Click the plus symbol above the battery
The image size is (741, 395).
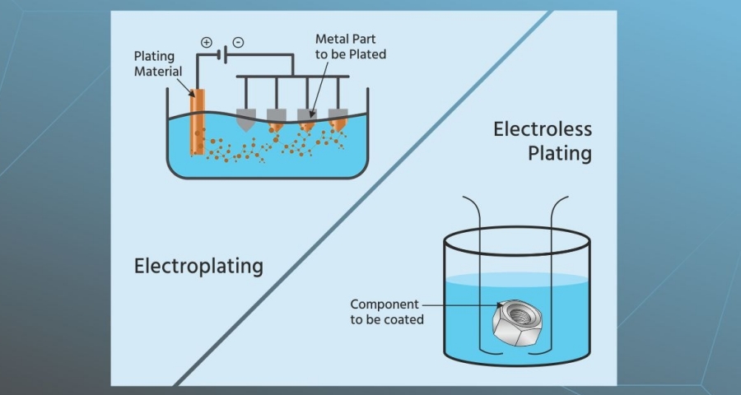[x=207, y=42]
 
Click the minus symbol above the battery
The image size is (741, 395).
[x=238, y=42]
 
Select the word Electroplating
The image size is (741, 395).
[x=198, y=266]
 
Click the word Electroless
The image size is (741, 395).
[x=543, y=129]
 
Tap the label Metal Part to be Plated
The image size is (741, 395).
[x=351, y=46]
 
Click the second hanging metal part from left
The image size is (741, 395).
[x=276, y=118]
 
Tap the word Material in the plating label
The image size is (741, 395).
[x=161, y=72]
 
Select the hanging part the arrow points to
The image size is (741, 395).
[x=306, y=119]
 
